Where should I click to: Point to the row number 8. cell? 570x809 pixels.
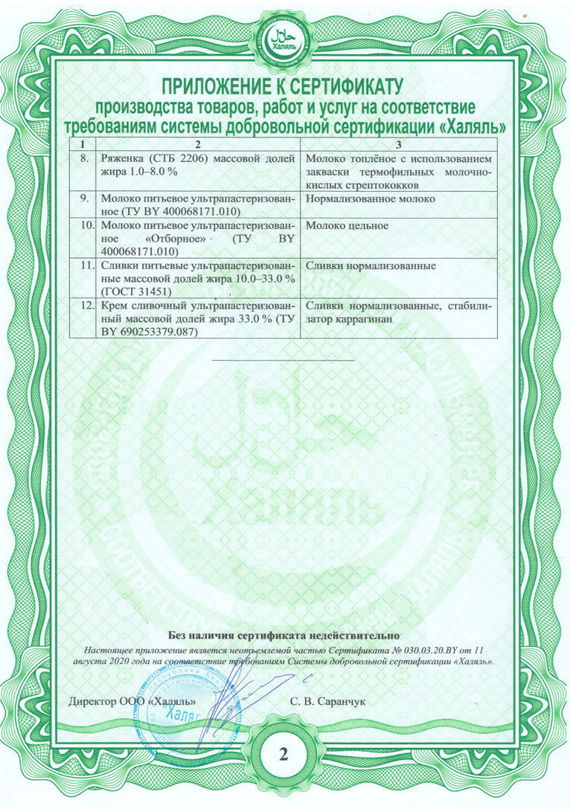[x=84, y=158]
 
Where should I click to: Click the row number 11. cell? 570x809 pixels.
[x=86, y=265]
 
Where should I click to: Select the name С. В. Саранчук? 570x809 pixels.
[x=328, y=700]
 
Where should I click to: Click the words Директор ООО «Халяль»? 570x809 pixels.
[x=132, y=700]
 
